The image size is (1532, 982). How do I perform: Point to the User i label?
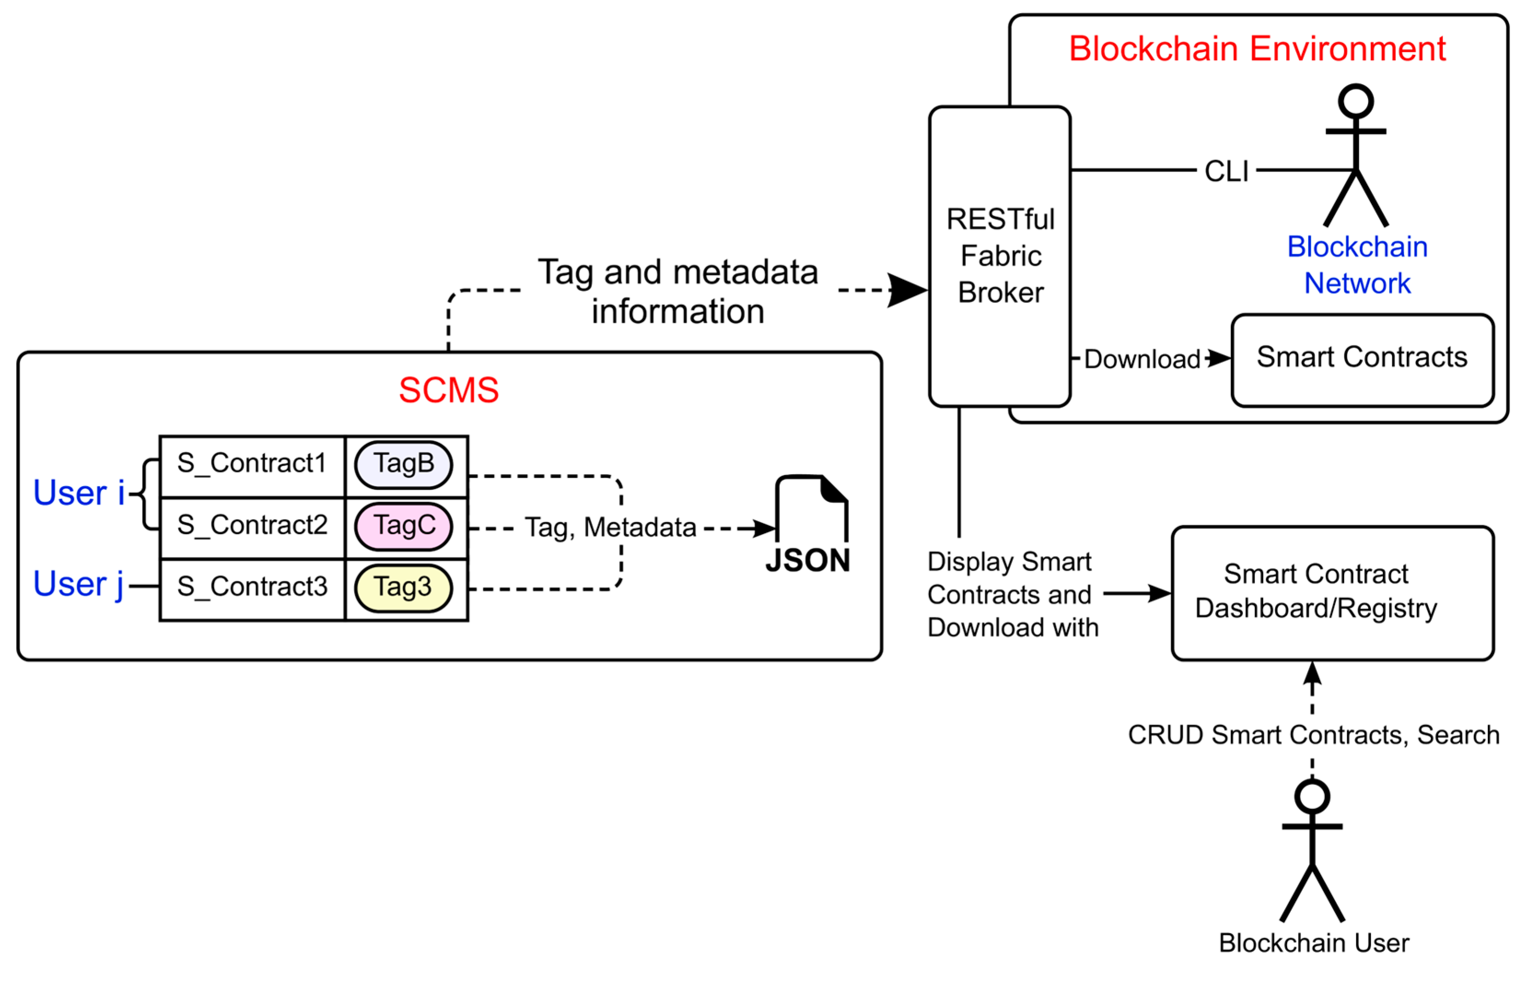[78, 493]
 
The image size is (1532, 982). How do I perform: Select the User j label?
[78, 584]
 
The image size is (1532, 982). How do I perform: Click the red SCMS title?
[449, 390]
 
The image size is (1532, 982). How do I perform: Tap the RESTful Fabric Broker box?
[1000, 256]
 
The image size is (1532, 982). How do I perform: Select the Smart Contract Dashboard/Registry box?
[1332, 593]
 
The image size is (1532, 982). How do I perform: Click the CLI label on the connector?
[1226, 171]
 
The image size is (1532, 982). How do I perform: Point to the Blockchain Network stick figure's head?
[1355, 101]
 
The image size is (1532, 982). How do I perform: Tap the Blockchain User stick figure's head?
[1312, 797]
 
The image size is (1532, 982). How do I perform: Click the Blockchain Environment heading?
[1257, 49]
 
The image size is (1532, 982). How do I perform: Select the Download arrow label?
[1142, 360]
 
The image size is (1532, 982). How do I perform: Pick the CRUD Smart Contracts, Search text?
[1313, 735]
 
